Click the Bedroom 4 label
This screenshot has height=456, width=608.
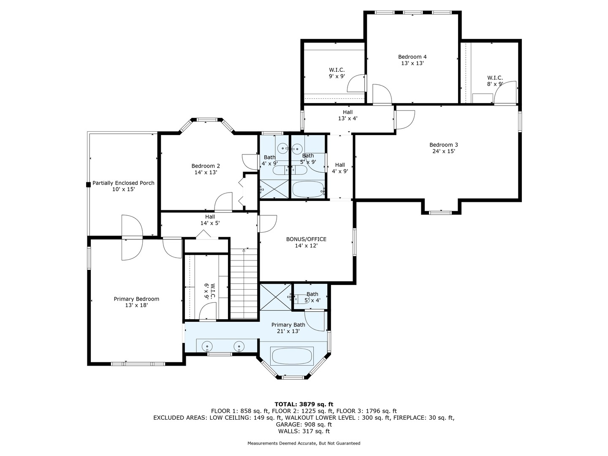click(412, 57)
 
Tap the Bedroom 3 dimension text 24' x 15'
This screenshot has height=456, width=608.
click(444, 151)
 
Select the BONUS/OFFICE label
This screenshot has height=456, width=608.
click(306, 239)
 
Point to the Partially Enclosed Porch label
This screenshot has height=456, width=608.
click(123, 183)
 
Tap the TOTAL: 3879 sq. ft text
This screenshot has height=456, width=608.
click(304, 404)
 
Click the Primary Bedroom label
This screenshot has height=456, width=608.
click(136, 299)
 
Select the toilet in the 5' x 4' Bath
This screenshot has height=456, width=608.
click(300, 299)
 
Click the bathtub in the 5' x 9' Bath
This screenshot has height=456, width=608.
click(308, 189)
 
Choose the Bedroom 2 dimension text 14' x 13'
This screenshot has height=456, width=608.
click(206, 172)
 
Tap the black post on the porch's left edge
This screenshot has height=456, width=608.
click(88, 185)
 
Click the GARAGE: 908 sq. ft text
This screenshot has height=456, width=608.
click(304, 424)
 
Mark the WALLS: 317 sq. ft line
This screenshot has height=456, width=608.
click(304, 431)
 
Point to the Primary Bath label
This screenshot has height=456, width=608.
click(288, 325)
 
